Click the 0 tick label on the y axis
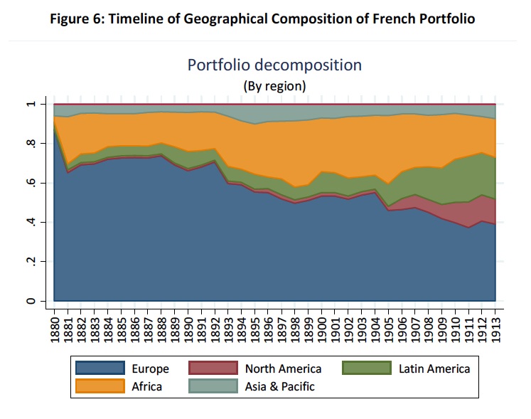coord(31,301)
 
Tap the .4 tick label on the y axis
coord(31,223)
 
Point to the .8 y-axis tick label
coord(31,144)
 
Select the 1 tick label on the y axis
coord(31,105)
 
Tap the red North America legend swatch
coord(212,368)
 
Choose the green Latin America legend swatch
coord(366,368)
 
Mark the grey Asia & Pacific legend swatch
coord(212,386)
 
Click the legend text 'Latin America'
coord(434,368)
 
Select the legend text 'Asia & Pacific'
coord(279,386)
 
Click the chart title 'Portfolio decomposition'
coord(274,65)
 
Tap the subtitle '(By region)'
coord(274,86)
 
